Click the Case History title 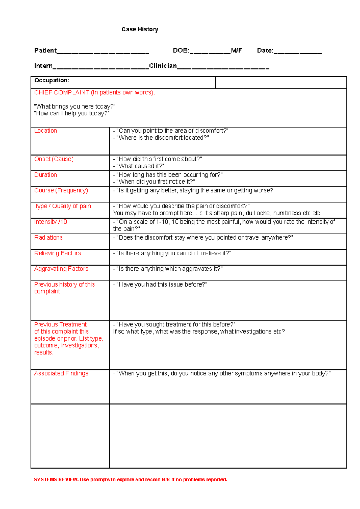point(140,29)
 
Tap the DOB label point(181,51)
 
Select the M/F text point(236,51)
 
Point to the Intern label point(43,66)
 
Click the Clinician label point(163,66)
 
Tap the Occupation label point(52,80)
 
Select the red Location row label point(46,131)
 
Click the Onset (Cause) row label point(54,159)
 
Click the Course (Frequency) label point(61,191)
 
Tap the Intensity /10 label point(51,222)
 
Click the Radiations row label point(48,237)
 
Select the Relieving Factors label point(58,253)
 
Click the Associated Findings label point(61,374)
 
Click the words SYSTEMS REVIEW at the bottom point(56,480)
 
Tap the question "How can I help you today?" point(72,114)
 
